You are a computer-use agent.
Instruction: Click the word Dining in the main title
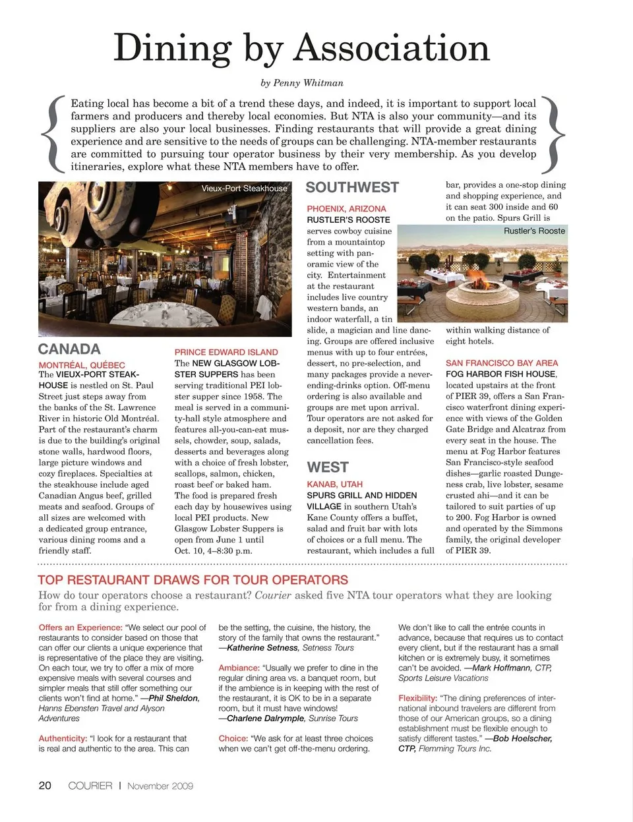(x=172, y=49)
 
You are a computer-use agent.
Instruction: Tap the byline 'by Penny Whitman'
(x=302, y=83)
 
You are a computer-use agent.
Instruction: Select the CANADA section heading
(x=69, y=349)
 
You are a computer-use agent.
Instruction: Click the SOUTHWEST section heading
(x=352, y=188)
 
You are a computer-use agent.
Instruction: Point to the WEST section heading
(x=328, y=467)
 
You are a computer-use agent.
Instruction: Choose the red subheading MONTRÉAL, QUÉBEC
(x=82, y=365)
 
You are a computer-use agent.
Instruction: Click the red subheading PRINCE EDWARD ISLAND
(x=226, y=352)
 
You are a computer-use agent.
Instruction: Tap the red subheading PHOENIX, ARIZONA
(x=346, y=208)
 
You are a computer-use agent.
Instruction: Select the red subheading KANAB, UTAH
(x=334, y=484)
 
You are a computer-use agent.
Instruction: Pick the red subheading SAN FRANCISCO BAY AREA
(x=502, y=363)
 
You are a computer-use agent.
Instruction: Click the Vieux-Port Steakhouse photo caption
(x=244, y=189)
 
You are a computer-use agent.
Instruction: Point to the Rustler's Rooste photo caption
(x=534, y=231)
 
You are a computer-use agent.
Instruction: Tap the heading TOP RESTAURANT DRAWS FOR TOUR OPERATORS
(x=193, y=580)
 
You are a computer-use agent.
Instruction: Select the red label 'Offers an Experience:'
(x=80, y=628)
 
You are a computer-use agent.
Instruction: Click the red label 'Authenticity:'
(x=63, y=738)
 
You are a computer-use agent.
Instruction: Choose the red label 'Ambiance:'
(x=239, y=668)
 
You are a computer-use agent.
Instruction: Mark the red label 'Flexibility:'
(x=417, y=698)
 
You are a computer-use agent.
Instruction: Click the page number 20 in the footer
(x=45, y=785)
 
